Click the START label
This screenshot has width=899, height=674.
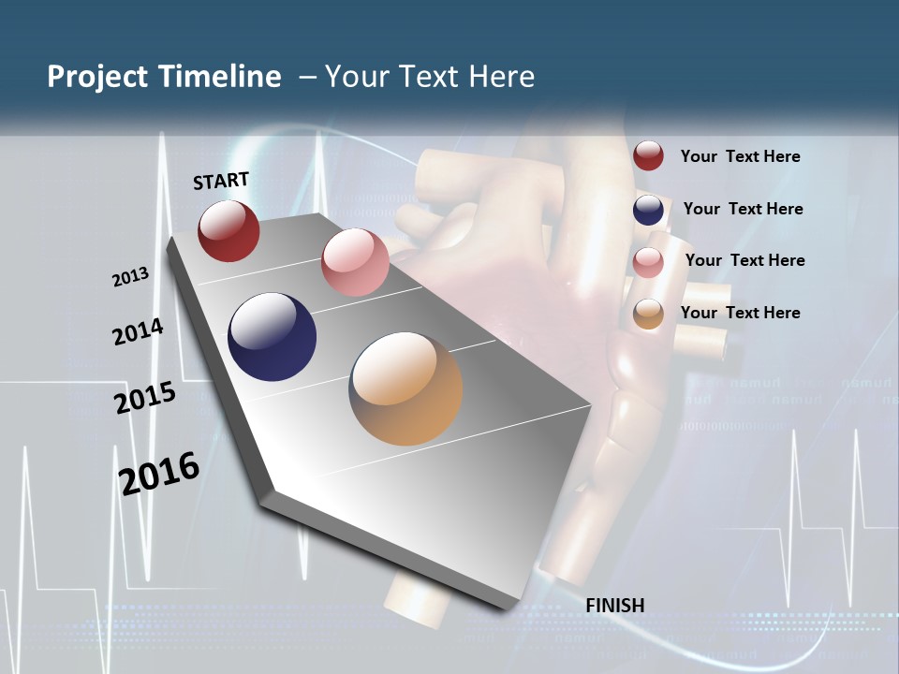(x=221, y=181)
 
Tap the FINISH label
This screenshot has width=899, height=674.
(x=614, y=606)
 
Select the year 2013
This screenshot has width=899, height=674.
(x=130, y=277)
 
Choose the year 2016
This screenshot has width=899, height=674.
(x=159, y=473)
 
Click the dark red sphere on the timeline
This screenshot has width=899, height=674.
(x=228, y=230)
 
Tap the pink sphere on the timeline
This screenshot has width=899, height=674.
(x=355, y=262)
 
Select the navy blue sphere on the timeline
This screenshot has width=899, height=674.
(x=273, y=337)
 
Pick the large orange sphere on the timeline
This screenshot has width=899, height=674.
(x=405, y=388)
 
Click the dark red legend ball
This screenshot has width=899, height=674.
(x=648, y=156)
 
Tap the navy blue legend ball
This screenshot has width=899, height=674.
(x=648, y=210)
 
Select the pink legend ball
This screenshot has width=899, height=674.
(x=648, y=262)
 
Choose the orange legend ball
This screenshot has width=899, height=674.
(x=648, y=315)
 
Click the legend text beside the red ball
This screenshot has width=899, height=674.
(x=740, y=156)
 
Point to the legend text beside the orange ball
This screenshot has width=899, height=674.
(x=740, y=313)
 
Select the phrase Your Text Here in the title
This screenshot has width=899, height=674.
(x=430, y=77)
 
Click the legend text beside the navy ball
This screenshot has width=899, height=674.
(x=743, y=209)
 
